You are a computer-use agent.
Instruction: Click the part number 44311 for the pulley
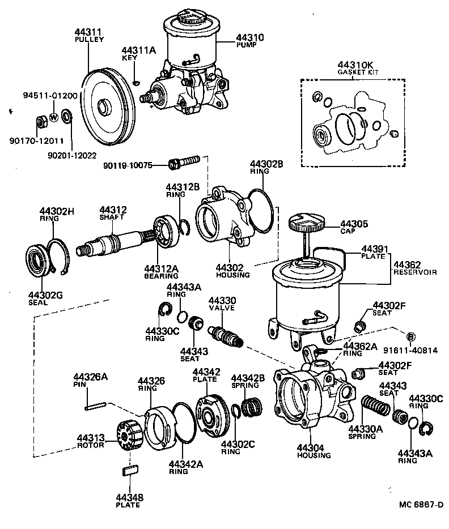(x=88, y=32)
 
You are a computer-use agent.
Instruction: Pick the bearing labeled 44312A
(x=165, y=232)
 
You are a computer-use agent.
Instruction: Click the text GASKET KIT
(x=358, y=72)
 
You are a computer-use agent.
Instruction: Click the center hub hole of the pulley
(x=104, y=107)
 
